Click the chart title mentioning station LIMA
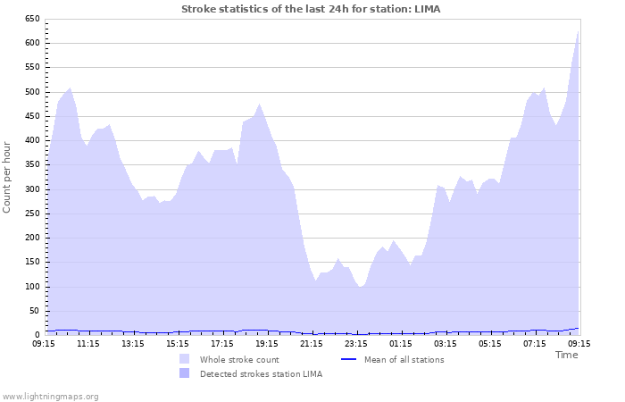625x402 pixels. (x=311, y=9)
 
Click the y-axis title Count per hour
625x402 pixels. (x=8, y=177)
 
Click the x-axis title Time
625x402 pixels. (x=566, y=355)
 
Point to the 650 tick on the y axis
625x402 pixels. (x=31, y=19)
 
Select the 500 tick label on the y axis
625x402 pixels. (x=31, y=92)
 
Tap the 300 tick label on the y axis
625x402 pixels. (x=31, y=189)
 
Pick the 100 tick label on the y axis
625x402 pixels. (x=31, y=287)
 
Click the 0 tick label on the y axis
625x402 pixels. (x=37, y=335)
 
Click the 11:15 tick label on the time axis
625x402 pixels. (x=87, y=343)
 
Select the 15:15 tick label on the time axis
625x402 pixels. (x=177, y=343)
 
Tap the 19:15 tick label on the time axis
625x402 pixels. (x=266, y=343)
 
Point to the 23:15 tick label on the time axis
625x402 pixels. (x=355, y=343)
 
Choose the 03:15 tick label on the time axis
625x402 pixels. (x=445, y=343)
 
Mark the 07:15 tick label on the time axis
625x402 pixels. (x=534, y=343)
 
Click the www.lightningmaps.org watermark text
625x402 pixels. (x=50, y=396)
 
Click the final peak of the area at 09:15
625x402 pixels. (x=578, y=31)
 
